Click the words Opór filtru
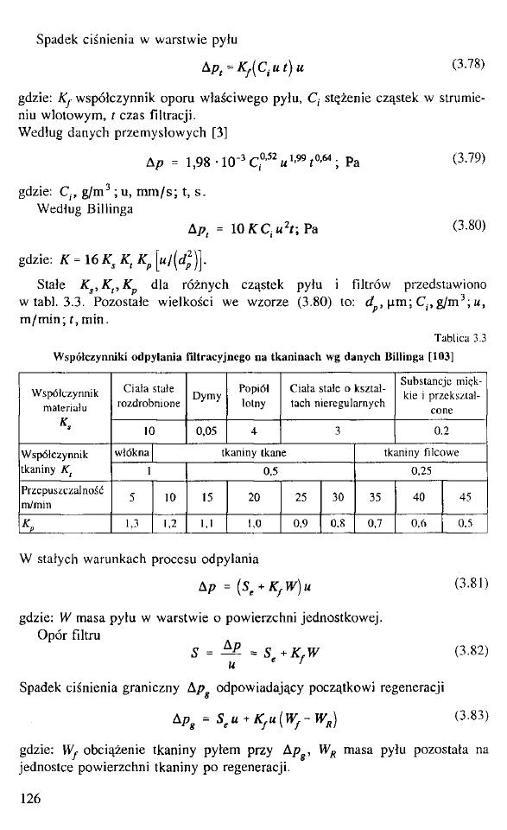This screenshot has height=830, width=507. coord(64,635)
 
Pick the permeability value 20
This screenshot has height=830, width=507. coord(253,497)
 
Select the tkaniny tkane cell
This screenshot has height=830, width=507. coord(254,451)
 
